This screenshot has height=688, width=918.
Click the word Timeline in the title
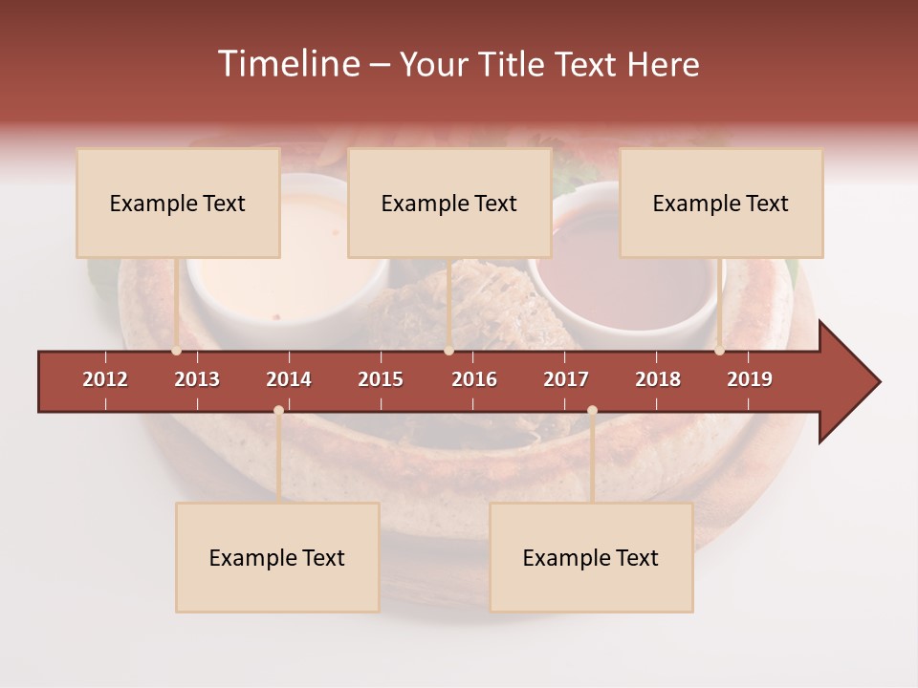click(x=288, y=64)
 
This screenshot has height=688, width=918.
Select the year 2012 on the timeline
click(x=105, y=379)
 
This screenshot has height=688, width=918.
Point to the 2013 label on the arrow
click(x=197, y=379)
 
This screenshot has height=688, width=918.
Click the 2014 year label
click(x=289, y=379)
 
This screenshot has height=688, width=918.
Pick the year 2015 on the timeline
click(x=381, y=379)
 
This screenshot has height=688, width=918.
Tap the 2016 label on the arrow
click(x=474, y=379)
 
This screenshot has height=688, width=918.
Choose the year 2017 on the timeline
click(x=566, y=379)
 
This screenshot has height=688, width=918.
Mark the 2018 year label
click(x=658, y=379)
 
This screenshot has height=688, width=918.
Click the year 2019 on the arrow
click(x=750, y=379)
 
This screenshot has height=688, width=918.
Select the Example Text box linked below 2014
click(x=277, y=557)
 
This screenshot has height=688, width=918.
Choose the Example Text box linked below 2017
click(x=591, y=557)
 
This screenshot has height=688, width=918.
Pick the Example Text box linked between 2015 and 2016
click(x=449, y=203)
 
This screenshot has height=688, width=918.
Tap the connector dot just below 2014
click(x=278, y=411)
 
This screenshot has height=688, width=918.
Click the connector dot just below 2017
click(x=592, y=411)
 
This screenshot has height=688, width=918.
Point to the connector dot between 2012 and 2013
click(x=176, y=351)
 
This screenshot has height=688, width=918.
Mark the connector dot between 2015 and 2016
click(x=448, y=351)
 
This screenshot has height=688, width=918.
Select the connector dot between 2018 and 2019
click(x=719, y=351)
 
